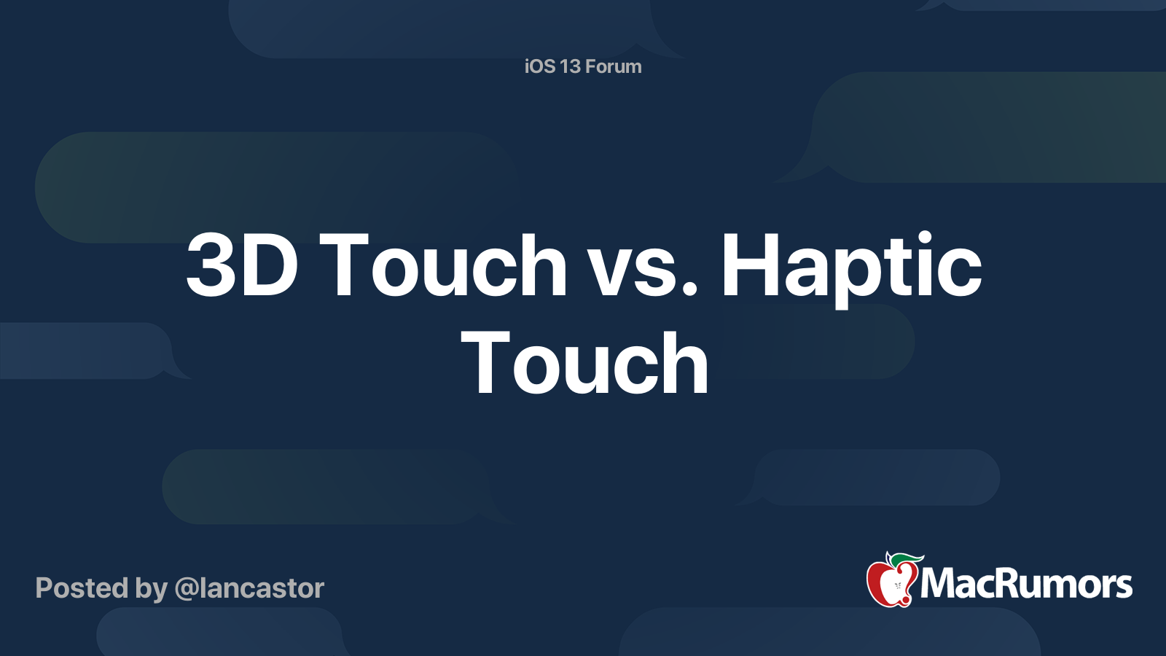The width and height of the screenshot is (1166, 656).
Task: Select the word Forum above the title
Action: (613, 66)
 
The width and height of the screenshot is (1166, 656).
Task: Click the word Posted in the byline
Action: (82, 588)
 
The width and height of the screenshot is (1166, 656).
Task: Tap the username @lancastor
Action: (249, 588)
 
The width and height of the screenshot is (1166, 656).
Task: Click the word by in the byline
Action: (152, 590)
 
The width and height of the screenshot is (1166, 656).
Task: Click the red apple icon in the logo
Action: (892, 581)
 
